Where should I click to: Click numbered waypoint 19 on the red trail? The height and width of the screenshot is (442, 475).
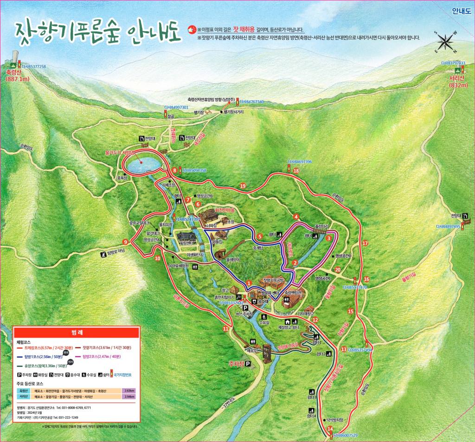[243, 186]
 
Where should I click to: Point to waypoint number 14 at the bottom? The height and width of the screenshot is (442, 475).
[330, 429]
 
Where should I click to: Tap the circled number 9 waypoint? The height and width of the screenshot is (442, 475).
[125, 241]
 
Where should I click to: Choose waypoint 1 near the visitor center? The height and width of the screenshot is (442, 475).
[249, 282]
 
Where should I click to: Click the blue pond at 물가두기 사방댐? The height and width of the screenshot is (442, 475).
[141, 165]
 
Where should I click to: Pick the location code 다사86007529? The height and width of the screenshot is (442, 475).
[346, 436]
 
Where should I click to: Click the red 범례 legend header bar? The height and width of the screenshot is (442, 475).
[77, 333]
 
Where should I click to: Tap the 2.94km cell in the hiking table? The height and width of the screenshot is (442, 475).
[128, 397]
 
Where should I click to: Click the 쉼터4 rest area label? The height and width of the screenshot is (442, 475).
[312, 416]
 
